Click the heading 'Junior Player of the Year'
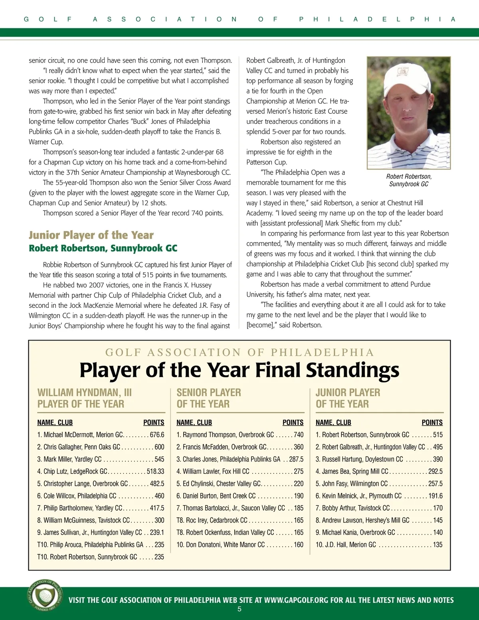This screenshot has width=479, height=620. (91, 235)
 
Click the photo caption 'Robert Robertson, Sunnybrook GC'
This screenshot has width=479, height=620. (409, 180)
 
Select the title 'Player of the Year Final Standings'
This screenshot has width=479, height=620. (239, 370)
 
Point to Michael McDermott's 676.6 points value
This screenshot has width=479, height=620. (157, 435)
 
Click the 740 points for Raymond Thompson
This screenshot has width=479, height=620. (298, 435)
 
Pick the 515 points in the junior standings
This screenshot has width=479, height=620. (437, 435)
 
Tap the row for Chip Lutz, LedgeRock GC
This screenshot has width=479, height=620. (101, 471)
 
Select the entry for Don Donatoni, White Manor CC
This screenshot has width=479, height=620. (240, 545)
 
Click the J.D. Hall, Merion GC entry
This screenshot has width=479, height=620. (379, 545)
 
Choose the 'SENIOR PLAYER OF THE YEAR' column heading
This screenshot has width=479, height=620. (209, 398)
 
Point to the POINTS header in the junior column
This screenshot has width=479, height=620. (432, 422)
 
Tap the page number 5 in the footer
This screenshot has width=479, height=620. (239, 609)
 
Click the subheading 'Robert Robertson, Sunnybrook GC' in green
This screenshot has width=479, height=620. (103, 248)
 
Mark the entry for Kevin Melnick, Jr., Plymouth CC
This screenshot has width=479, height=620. (379, 496)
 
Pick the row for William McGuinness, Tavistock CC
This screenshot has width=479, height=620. (101, 520)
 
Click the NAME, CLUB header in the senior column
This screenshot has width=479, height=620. (194, 422)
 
